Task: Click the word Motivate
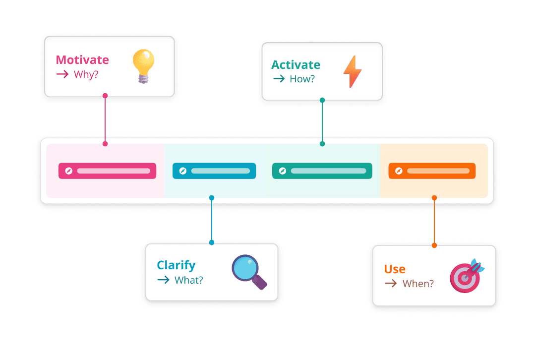pyautogui.click(x=82, y=60)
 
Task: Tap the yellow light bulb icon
pyautogui.click(x=143, y=65)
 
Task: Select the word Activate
pyautogui.click(x=296, y=65)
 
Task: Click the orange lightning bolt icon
pyautogui.click(x=353, y=71)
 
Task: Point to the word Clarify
pyautogui.click(x=176, y=265)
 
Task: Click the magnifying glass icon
pyautogui.click(x=249, y=271)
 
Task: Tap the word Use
pyautogui.click(x=395, y=269)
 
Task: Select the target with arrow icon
pyautogui.click(x=467, y=275)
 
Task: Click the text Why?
pyautogui.click(x=86, y=75)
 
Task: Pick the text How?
pyautogui.click(x=302, y=79)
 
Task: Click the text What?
pyautogui.click(x=189, y=280)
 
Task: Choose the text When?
pyautogui.click(x=418, y=284)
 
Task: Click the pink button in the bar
pyautogui.click(x=107, y=171)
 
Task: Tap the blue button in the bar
pyautogui.click(x=214, y=171)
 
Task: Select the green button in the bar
pyautogui.click(x=322, y=171)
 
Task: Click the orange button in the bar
pyautogui.click(x=432, y=171)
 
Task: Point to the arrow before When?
pyautogui.click(x=391, y=284)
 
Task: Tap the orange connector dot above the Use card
pyautogui.click(x=434, y=245)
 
